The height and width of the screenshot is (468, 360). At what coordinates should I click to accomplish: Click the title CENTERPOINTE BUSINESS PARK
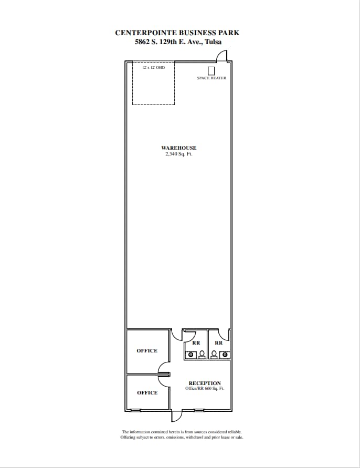click(x=177, y=33)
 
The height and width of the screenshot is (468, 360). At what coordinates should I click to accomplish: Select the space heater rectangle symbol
click(x=211, y=71)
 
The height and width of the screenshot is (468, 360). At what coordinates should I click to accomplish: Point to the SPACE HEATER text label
click(x=211, y=78)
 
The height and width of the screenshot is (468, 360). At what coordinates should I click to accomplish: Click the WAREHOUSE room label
click(x=178, y=148)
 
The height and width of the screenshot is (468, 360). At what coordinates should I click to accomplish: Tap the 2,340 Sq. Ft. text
click(x=178, y=154)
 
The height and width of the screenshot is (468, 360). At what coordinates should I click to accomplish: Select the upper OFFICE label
click(x=147, y=351)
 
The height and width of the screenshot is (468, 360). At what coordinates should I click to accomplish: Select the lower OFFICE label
click(x=147, y=393)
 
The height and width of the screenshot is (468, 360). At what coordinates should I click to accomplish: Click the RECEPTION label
click(x=205, y=383)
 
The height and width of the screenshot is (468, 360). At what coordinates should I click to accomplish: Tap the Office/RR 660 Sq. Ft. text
click(x=205, y=389)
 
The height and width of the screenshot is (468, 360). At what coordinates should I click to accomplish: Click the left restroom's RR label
click(x=196, y=343)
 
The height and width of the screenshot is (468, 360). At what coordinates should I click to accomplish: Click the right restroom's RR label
click(x=219, y=343)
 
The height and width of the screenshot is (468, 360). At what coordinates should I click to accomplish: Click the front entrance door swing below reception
click(x=176, y=415)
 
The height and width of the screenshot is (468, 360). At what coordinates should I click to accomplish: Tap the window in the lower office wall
click(x=136, y=410)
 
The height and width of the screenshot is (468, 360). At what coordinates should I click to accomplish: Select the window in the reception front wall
click(x=199, y=410)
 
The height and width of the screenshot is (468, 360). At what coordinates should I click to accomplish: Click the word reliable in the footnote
click(x=234, y=432)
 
